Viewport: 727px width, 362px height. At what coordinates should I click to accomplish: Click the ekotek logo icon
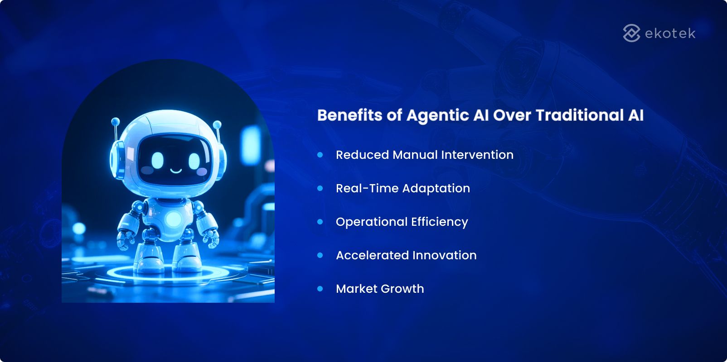[631, 33]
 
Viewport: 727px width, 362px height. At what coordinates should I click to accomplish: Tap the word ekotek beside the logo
[670, 33]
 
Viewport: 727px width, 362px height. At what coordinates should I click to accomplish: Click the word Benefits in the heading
[349, 115]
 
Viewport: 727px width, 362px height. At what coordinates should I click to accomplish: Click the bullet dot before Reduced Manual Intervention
[320, 155]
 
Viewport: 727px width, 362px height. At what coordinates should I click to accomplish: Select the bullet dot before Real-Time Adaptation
[320, 188]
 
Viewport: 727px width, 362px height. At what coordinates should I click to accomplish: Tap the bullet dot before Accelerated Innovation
[320, 255]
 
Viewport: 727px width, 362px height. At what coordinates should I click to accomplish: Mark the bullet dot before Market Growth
[320, 289]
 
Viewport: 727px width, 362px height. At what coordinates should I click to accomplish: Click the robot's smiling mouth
[176, 171]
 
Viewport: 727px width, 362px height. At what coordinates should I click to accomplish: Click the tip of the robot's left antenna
[115, 121]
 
